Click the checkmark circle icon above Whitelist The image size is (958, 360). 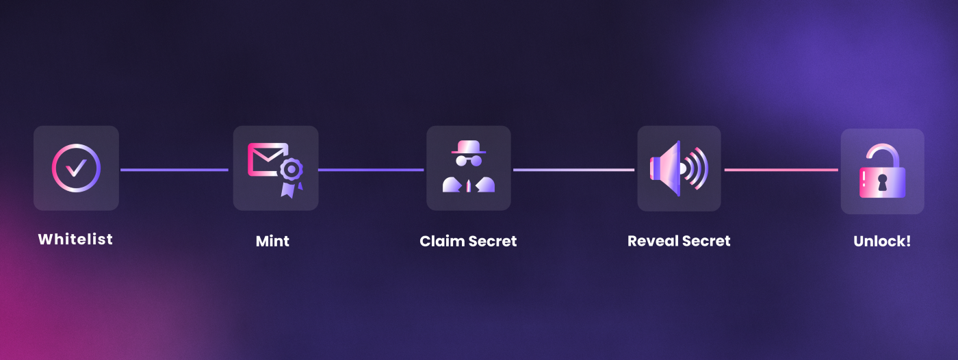[76, 168]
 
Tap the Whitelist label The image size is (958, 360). [75, 240]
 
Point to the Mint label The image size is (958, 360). [272, 242]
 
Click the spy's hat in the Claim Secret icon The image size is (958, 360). [469, 147]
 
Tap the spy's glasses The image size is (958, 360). [469, 161]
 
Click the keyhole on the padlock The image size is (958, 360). [882, 182]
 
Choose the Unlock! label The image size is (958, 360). [882, 242]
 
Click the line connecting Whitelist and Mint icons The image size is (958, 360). [174, 170]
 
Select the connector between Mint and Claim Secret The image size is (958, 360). [371, 170]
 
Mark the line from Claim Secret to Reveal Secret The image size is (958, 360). [573, 170]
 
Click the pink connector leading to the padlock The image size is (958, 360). [781, 170]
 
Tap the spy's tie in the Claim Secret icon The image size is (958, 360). [469, 185]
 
